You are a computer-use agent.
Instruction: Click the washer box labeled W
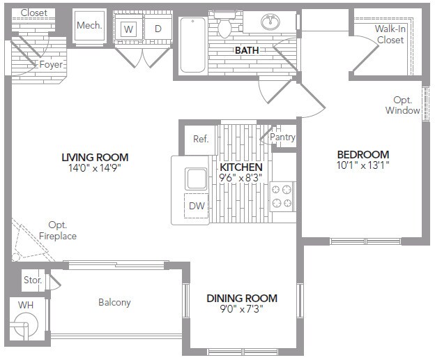(128, 29)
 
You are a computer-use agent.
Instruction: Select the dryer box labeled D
(158, 29)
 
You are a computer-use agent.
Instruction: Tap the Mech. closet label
(89, 25)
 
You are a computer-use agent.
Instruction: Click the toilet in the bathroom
(224, 27)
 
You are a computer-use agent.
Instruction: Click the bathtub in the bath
(192, 45)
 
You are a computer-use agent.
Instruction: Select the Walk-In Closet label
(390, 34)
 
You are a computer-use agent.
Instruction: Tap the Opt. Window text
(402, 105)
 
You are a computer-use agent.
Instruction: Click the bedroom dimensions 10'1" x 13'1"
(362, 166)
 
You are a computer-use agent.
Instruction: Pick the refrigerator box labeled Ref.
(201, 139)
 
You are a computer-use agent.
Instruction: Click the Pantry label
(283, 137)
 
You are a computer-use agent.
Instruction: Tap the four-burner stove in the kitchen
(282, 195)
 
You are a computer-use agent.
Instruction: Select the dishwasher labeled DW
(196, 206)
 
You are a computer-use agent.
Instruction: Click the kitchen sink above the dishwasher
(196, 178)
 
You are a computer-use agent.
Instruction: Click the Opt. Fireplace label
(58, 231)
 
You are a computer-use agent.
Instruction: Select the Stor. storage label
(32, 280)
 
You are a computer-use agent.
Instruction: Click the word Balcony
(114, 302)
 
